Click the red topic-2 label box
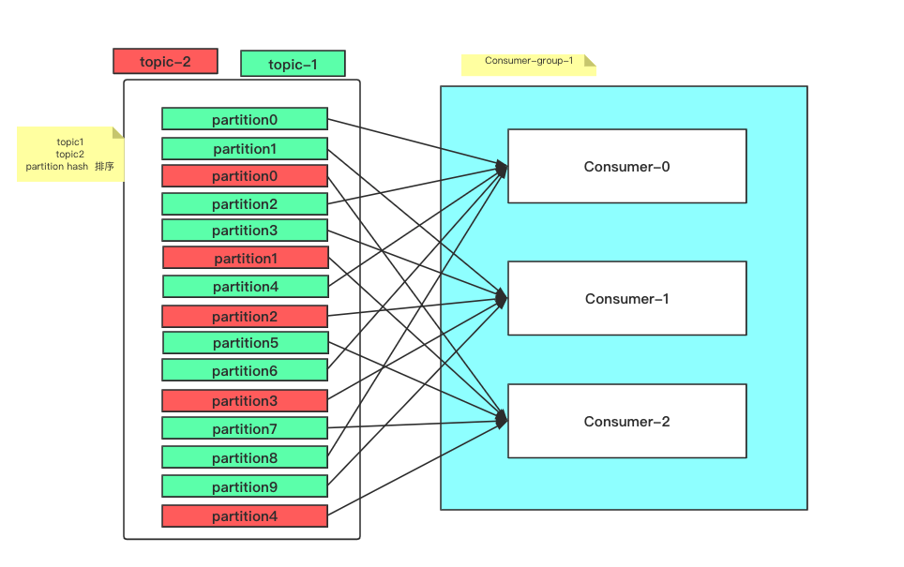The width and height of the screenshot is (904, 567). [165, 61]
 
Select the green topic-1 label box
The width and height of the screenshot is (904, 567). [293, 64]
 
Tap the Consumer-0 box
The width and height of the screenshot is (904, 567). [627, 166]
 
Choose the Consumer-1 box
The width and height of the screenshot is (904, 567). [627, 298]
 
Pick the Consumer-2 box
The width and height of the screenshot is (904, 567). [627, 421]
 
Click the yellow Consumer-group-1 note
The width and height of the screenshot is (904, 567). [529, 65]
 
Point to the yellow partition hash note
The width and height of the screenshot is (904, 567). [70, 154]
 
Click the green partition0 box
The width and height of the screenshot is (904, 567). [245, 119]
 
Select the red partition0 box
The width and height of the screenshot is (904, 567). [245, 176]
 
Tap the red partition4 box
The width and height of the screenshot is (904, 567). [245, 515]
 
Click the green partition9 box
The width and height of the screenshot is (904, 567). [245, 486]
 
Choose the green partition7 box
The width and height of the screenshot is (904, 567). [245, 428]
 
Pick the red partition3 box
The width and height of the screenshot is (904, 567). [245, 400]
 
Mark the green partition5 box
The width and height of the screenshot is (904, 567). [246, 342]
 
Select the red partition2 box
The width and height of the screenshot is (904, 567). [245, 317]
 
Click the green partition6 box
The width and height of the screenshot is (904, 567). [245, 370]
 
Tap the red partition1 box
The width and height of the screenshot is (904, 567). [246, 258]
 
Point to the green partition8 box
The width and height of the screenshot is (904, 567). [245, 457]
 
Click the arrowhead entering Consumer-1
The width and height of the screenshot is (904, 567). [502, 298]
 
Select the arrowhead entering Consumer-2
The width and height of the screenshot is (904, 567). [502, 420]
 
